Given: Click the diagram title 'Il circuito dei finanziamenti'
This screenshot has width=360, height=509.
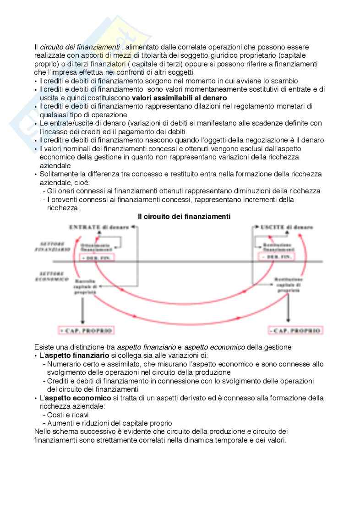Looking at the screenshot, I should (x=184, y=216).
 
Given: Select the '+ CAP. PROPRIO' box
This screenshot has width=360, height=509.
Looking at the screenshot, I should (x=86, y=330).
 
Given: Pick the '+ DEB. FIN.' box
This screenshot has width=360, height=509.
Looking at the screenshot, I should (x=97, y=258).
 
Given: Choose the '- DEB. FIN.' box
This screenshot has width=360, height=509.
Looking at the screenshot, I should (x=273, y=258).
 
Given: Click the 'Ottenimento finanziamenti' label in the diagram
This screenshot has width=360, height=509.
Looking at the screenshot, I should (x=97, y=247).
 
